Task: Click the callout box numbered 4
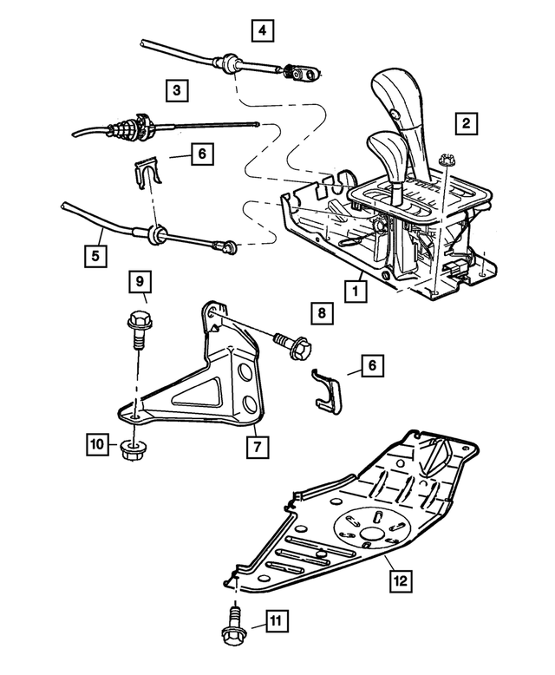point(263,33)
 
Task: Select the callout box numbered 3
point(176,89)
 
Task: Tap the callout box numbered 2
point(466,124)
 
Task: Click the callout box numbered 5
point(97,256)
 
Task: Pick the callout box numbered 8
point(320,311)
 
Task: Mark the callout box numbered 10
point(97,445)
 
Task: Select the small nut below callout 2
point(447,160)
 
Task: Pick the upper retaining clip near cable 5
point(151,172)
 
